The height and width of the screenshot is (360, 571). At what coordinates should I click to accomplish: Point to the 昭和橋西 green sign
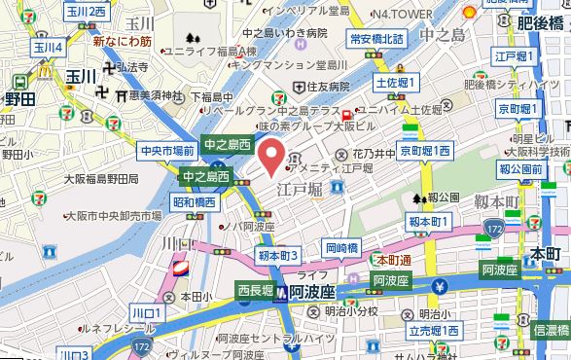click(x=195, y=202)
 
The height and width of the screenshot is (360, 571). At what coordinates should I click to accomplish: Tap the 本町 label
click(x=545, y=254)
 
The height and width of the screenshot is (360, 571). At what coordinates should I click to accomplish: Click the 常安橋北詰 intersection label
click(x=375, y=39)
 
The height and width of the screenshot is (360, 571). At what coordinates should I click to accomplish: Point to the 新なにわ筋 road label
click(x=123, y=42)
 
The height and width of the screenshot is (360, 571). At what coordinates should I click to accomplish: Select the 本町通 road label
click(x=393, y=260)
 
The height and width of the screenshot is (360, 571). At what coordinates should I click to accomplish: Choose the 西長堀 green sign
click(x=257, y=289)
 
